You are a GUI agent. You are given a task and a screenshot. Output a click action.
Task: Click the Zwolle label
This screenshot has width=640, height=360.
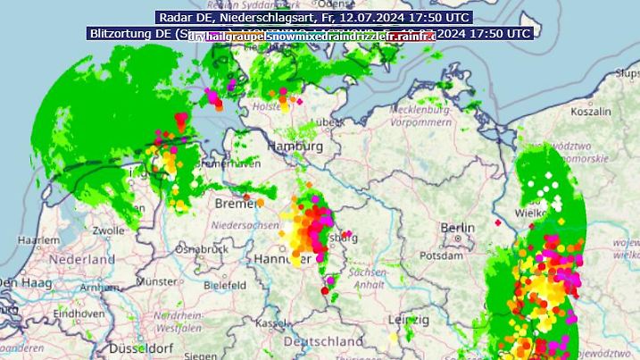pyautogui.click(x=108, y=230)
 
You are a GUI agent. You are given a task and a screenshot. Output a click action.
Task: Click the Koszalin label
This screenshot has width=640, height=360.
pyautogui.click(x=591, y=112)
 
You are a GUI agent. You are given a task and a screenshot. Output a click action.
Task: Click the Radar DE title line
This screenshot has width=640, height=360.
pyautogui.click(x=312, y=17)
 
